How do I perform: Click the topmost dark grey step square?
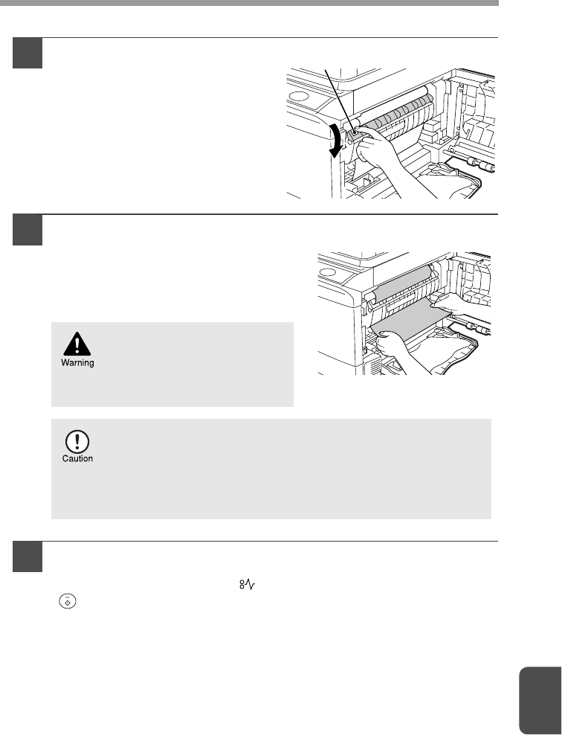point(28,53)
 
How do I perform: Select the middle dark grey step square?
point(28,230)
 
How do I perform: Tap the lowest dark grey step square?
point(28,557)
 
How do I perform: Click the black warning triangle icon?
point(77,344)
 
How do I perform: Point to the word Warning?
point(78,363)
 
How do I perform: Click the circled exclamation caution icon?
point(77,442)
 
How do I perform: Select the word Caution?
point(78,458)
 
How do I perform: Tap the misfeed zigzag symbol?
point(247,585)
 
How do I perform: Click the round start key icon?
point(67,601)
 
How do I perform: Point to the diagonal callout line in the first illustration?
point(340,100)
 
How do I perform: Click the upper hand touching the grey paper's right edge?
point(462,308)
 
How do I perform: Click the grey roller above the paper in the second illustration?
point(402,283)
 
